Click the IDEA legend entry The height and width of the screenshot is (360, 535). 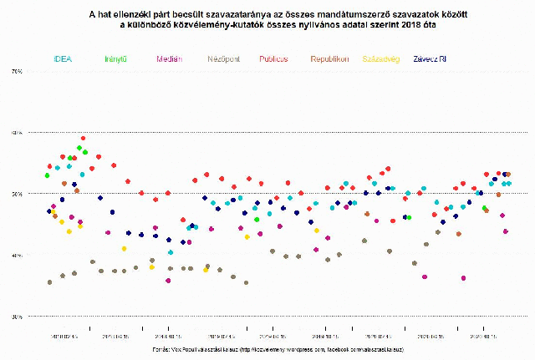(x=63, y=59)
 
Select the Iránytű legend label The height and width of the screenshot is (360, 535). (x=116, y=59)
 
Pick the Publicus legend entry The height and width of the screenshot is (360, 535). (x=273, y=59)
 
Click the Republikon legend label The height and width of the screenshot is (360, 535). (x=329, y=59)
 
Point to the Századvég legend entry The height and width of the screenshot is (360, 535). (x=381, y=59)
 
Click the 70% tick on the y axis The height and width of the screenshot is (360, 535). (x=16, y=73)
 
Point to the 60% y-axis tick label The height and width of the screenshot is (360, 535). (x=16, y=133)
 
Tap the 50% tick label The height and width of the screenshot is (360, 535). (x=16, y=194)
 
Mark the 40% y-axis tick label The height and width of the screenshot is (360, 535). (x=16, y=255)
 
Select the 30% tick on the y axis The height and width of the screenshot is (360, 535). (x=16, y=317)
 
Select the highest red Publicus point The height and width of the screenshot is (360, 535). (x=83, y=138)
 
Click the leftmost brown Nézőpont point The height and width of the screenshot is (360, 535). (x=50, y=282)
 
